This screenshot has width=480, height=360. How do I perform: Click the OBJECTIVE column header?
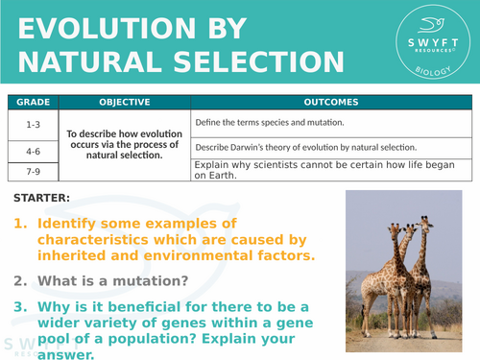coord(122,102)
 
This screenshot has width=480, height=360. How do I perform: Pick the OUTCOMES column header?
coord(331,102)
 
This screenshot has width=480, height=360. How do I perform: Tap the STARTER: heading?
coord(42,199)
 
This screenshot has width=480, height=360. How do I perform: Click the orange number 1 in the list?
coord(19,224)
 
